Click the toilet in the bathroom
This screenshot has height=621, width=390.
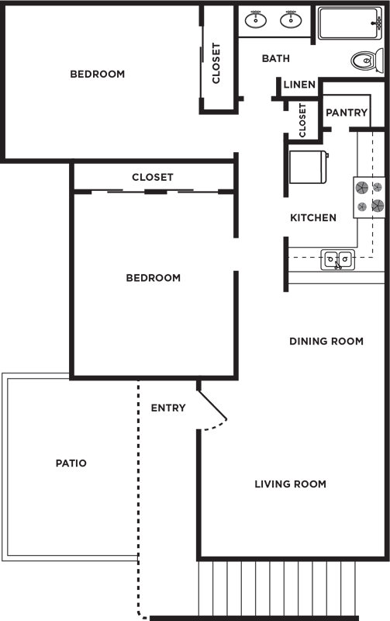click(368, 61)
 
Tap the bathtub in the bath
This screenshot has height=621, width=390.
click(350, 24)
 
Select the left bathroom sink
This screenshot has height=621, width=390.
click(256, 19)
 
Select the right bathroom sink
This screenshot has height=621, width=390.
click(291, 19)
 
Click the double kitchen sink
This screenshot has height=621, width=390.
click(337, 260)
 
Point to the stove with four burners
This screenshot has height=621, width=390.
click(369, 197)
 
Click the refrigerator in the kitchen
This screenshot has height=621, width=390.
click(309, 167)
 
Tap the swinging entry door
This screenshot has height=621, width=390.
click(212, 406)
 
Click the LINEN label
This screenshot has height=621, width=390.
click(299, 85)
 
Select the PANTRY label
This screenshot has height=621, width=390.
click(347, 113)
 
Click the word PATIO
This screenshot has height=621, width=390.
click(71, 463)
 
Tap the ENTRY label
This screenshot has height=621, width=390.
click(168, 408)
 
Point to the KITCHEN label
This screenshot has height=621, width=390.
click(313, 217)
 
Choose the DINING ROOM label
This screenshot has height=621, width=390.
click(326, 341)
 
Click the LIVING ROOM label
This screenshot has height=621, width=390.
click(290, 484)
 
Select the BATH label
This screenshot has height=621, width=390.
click(276, 59)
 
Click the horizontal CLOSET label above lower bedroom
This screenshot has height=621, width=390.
click(153, 177)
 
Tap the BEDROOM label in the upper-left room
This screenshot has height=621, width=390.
click(97, 74)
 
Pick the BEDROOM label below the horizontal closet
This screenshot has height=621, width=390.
click(153, 278)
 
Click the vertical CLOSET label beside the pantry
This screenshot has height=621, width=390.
click(302, 120)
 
